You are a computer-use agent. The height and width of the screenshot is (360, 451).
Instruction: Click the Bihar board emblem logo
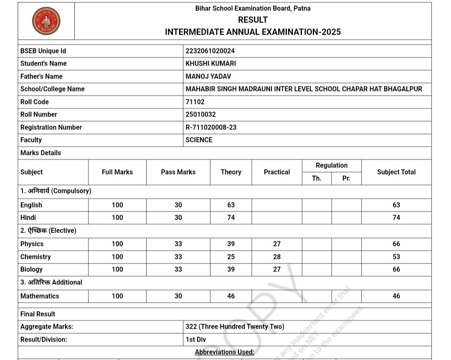pos(46,21)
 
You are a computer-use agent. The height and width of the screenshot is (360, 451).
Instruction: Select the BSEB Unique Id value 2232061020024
pos(210,51)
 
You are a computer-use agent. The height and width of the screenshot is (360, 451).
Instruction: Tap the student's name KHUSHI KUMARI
pos(210,63)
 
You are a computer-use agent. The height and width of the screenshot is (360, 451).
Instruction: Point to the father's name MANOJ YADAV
pos(208,76)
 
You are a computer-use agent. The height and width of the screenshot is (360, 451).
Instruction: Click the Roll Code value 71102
pos(195,102)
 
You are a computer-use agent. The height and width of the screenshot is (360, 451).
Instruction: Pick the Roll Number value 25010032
pos(200,114)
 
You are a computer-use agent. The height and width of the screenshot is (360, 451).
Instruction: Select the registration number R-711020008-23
pos(211,127)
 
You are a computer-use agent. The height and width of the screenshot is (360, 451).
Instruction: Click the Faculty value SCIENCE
pos(199,140)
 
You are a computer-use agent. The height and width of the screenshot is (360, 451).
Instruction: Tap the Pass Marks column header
pos(178,172)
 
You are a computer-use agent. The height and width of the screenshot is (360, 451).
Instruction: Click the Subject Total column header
pos(396,172)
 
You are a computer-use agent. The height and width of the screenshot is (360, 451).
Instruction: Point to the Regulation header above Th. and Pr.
pos(332,165)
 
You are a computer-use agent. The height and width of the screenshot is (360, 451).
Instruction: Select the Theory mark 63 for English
pos(231,205)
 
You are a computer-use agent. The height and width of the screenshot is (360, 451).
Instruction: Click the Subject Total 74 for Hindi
pos(396,218)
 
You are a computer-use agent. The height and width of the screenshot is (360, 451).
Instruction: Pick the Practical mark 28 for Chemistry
pos(277,257)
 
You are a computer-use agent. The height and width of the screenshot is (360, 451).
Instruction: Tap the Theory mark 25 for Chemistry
pos(231,257)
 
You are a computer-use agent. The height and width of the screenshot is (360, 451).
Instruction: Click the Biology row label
pos(31,269)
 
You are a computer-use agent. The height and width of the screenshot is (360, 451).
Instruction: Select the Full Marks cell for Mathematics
pos(117,296)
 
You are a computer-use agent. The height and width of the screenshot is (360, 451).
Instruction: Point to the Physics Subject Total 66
pos(396,244)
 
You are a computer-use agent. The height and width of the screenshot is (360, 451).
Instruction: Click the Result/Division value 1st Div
pos(196,340)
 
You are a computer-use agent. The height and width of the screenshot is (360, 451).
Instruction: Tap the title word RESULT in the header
pos(253,20)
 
